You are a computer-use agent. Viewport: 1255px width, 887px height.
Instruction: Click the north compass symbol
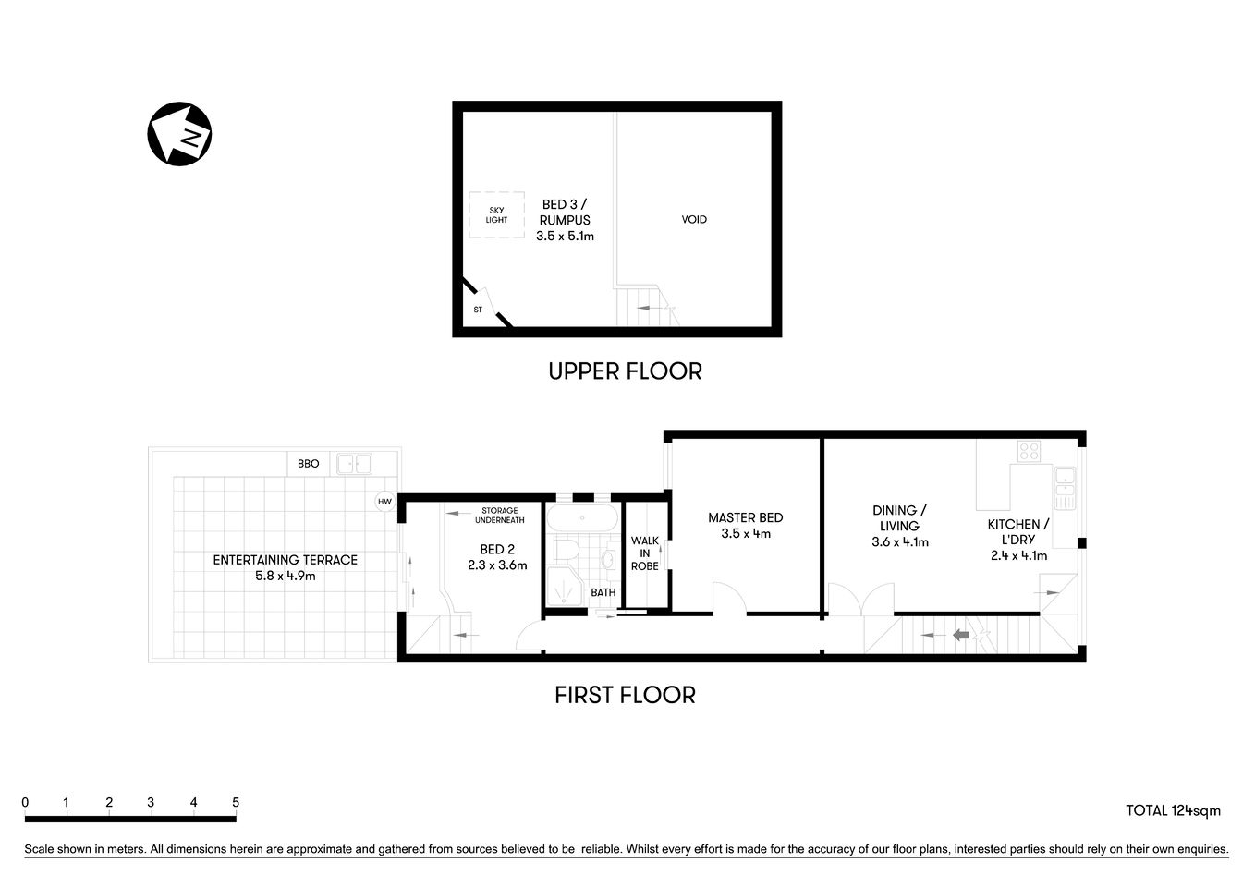coord(179,134)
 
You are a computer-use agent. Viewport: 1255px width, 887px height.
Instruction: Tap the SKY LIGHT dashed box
coord(496,215)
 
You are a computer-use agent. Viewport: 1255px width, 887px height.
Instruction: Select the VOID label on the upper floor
coord(694,220)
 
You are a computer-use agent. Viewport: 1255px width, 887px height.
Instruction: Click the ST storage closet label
coord(478,310)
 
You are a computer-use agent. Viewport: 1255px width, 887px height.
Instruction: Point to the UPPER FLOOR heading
coord(625,371)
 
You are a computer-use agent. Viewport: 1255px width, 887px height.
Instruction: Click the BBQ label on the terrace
coord(308,464)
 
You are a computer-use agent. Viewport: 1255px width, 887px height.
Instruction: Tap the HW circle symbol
coord(385,502)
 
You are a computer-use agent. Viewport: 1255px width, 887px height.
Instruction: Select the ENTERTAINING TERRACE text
coord(285,560)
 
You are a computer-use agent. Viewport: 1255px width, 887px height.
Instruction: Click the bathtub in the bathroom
coord(582,517)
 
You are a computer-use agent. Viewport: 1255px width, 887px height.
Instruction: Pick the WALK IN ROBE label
coord(645,553)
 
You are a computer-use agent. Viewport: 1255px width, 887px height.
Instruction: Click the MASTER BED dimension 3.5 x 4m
coord(746,534)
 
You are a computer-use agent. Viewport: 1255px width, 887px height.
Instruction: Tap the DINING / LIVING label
coord(899,517)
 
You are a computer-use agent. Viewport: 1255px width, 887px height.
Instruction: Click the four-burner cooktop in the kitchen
coord(1029,452)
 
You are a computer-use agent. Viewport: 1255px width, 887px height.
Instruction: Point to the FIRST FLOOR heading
coord(625,695)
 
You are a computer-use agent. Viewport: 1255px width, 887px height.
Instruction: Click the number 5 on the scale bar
coord(236,803)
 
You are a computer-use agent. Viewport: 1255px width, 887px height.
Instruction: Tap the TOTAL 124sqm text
coord(1173,811)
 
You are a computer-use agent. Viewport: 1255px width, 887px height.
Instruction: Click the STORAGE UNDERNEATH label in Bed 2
coord(500,516)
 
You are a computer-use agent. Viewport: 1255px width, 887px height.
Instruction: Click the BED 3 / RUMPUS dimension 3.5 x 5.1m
coord(565,237)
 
